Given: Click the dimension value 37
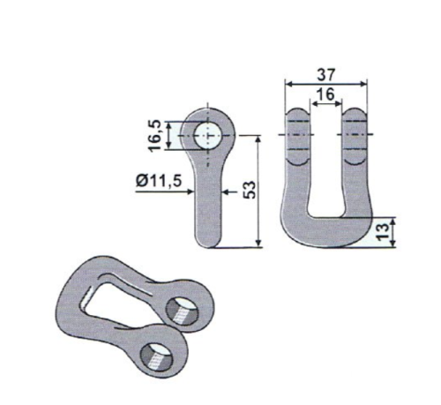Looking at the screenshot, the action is click(x=325, y=75).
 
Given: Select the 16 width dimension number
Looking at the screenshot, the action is click(x=325, y=94).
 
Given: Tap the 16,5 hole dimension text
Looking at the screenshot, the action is click(x=155, y=136).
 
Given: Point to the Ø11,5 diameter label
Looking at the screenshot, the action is click(x=159, y=181).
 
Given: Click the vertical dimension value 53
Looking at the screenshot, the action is click(x=250, y=190).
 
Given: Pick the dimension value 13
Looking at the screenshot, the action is click(x=382, y=232).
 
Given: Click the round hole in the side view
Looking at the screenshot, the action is click(x=207, y=136).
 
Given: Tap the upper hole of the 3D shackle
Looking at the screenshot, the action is click(x=182, y=311).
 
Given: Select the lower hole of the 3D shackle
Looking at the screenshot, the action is click(x=157, y=356).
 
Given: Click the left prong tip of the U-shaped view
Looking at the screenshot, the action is click(x=297, y=112).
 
